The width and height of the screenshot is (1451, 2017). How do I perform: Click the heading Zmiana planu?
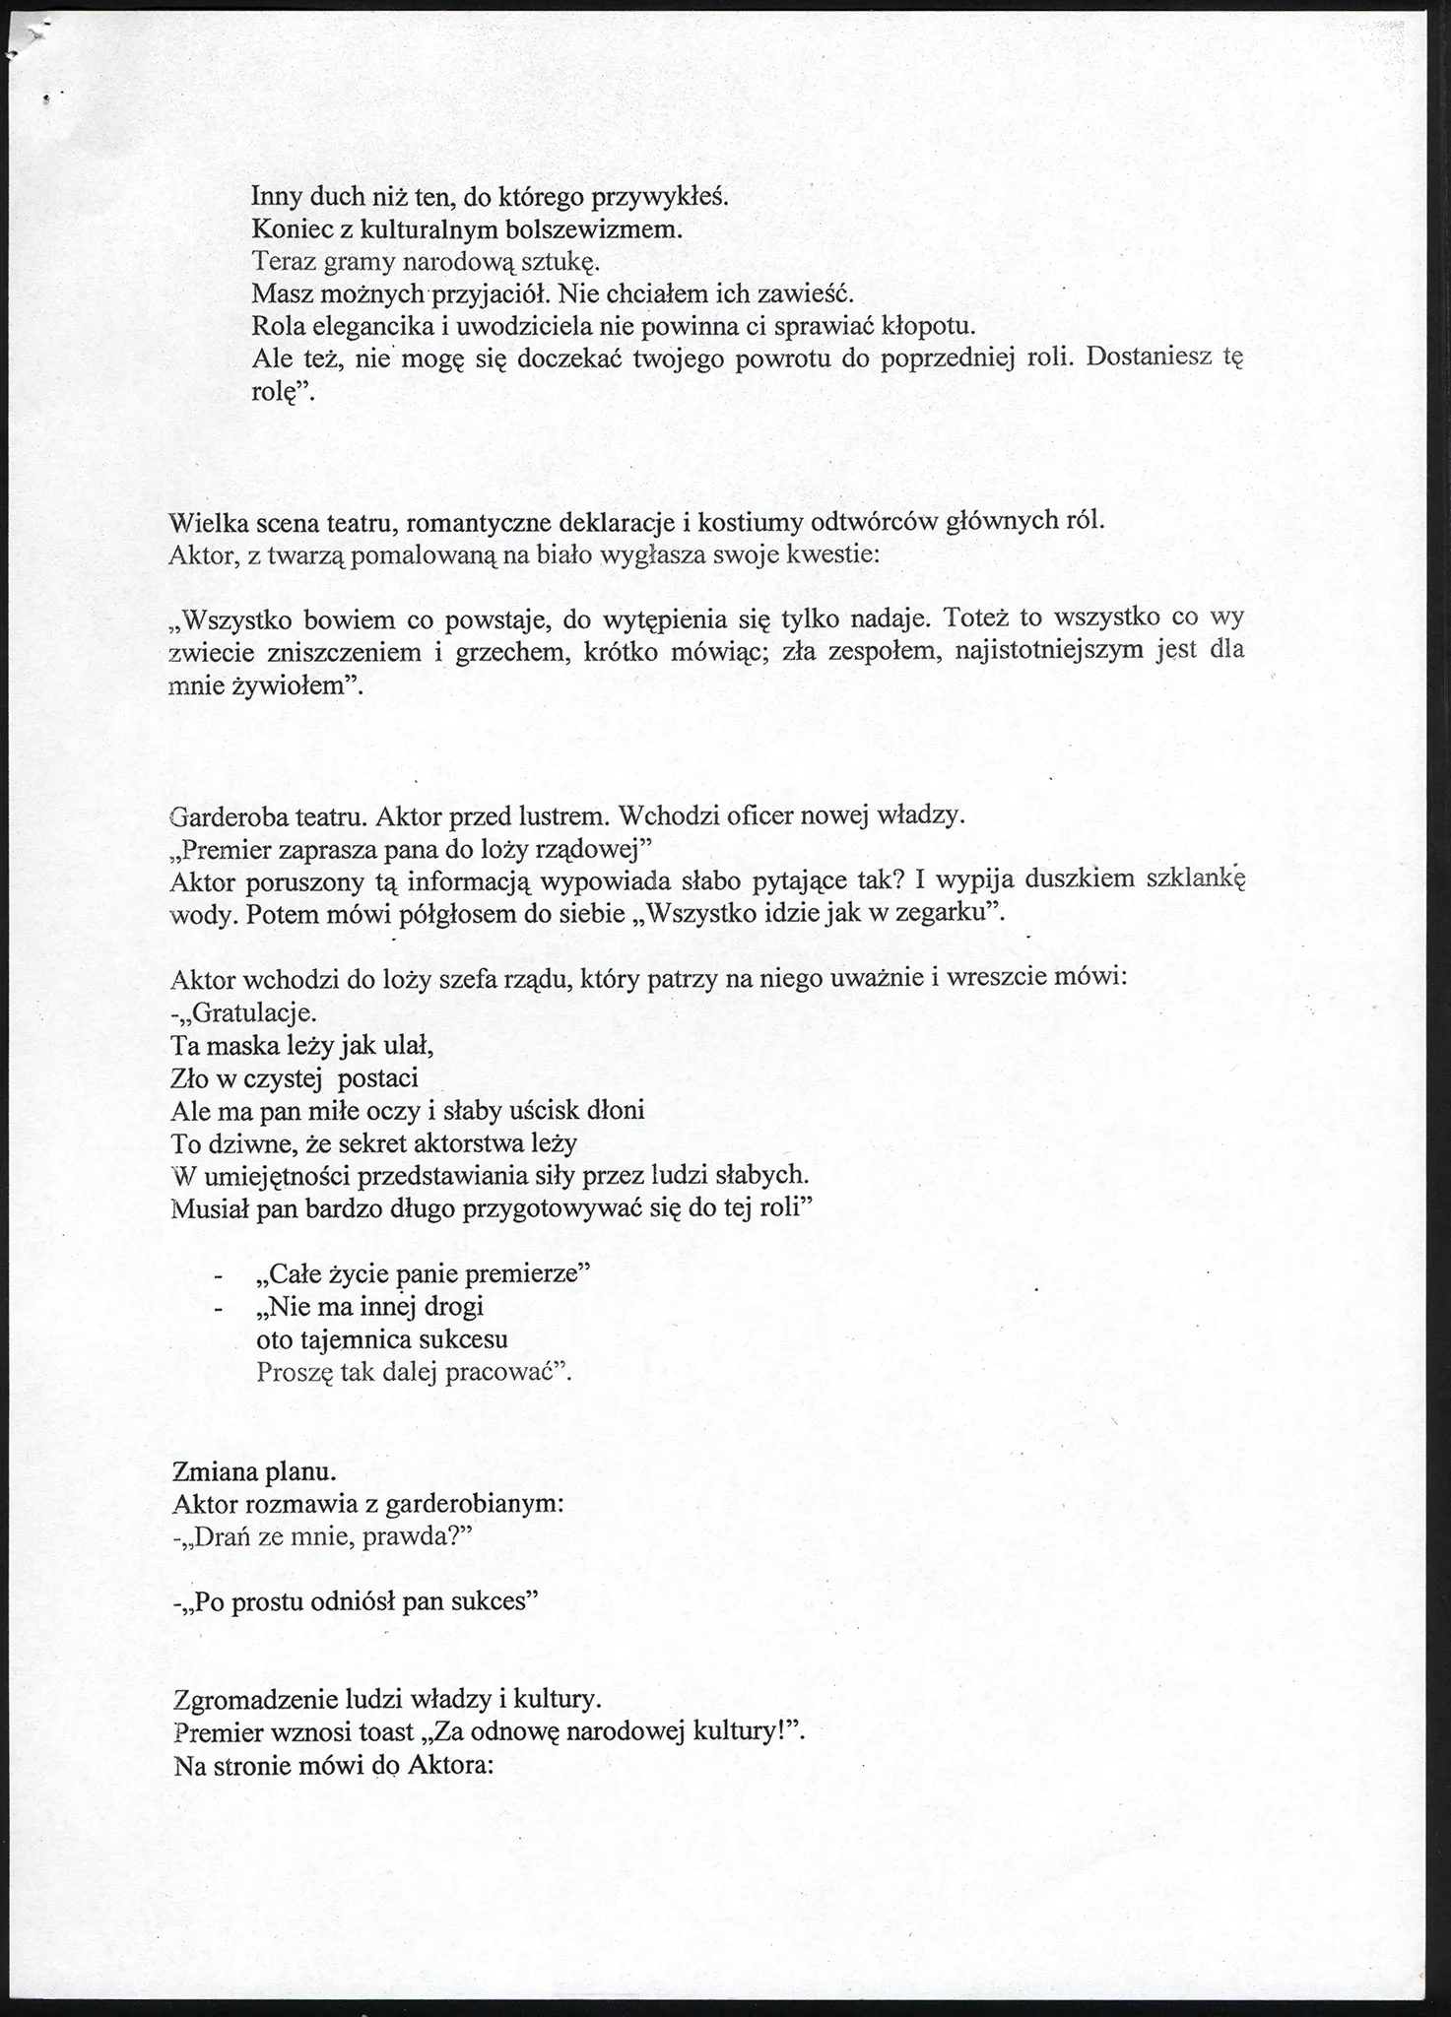[254, 1472]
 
